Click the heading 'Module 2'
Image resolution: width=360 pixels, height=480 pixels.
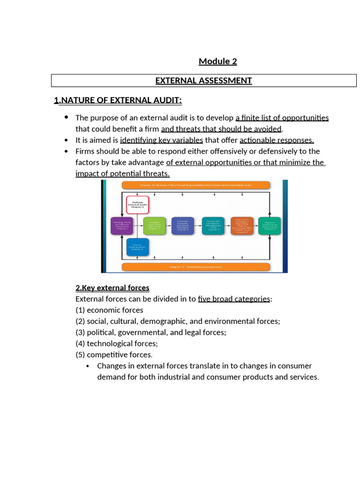coord(217,61)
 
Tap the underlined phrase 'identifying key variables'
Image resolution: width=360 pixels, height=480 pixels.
coord(161,140)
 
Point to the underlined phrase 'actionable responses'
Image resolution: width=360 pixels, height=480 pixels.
coord(276,140)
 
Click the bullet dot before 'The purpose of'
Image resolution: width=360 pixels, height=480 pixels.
coord(66,117)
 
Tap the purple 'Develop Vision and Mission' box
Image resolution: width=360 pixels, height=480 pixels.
coord(121,225)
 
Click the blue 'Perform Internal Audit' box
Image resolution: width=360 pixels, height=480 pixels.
coord(137,247)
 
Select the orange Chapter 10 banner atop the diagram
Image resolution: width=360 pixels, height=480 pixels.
coord(195,185)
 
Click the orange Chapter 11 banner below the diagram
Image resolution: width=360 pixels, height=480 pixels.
coord(195,267)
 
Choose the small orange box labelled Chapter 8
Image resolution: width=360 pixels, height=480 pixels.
coord(242,225)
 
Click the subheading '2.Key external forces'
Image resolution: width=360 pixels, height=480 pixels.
coord(112,288)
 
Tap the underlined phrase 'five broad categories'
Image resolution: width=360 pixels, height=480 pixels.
coord(234,299)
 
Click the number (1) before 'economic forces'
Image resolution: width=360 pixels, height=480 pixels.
coord(80,310)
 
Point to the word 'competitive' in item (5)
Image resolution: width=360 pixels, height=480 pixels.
coord(105,355)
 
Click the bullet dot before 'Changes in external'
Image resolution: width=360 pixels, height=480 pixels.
coord(89,366)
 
